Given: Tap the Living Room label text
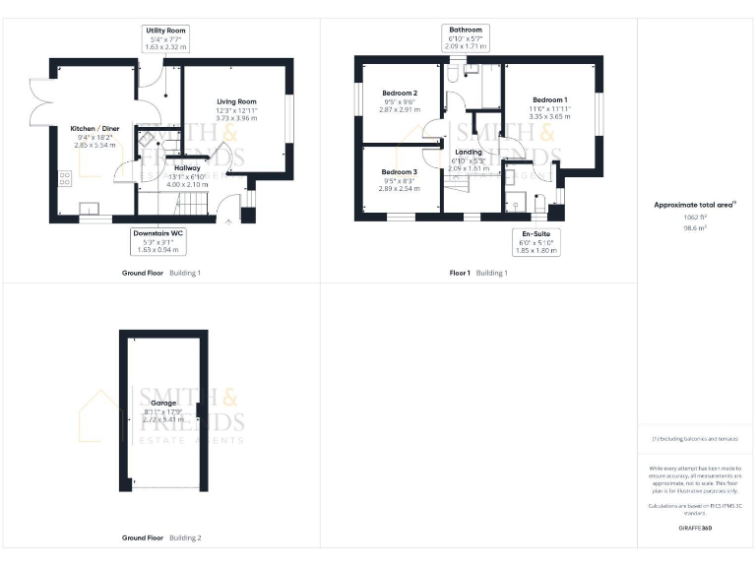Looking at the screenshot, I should pos(236,101).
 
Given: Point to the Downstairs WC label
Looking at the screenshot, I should pos(158,233).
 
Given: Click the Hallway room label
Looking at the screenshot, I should pos(187,168).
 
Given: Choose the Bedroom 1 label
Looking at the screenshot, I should pos(549,100).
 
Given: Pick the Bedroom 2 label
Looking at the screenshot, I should pos(400,94).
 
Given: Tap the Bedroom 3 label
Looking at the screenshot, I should pos(400,172).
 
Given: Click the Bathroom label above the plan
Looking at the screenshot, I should pos(466,31).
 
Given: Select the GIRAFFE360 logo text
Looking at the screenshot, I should pos(695,529).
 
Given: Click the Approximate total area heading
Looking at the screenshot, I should pos(695,205).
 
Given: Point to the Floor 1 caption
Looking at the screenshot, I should pos(460,272).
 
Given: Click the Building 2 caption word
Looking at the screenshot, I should pos(185,538).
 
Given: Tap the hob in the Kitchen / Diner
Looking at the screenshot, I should pos(66,178).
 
